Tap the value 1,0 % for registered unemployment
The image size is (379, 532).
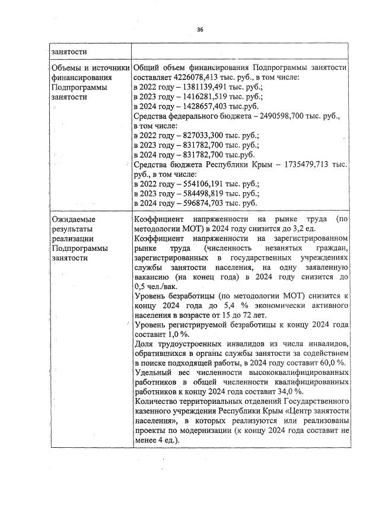(x=173, y=335)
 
